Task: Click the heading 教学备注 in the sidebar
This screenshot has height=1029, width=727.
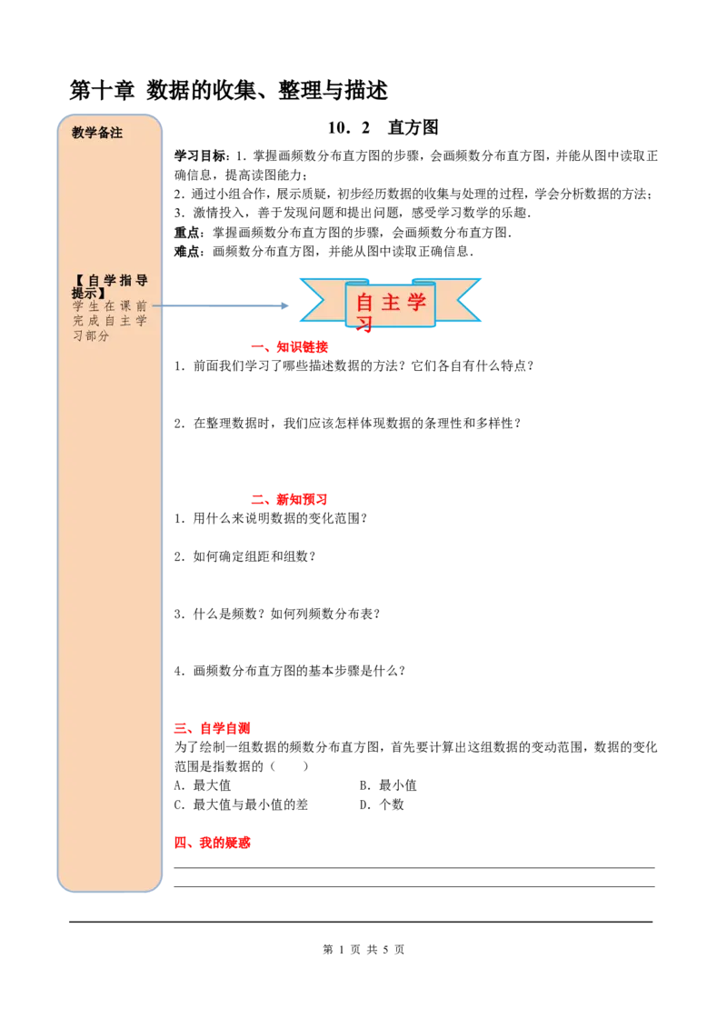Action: coord(97,133)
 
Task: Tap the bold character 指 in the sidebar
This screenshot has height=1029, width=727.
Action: coord(126,281)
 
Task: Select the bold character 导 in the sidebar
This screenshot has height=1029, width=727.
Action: coord(142,281)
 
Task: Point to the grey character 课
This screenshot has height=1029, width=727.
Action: coord(126,306)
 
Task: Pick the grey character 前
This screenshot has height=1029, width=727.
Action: coord(142,306)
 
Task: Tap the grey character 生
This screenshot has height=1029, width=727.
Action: coord(95,306)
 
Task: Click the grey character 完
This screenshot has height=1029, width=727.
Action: coord(78,321)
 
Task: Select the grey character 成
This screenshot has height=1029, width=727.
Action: coord(95,321)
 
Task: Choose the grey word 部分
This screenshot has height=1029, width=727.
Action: coord(97,335)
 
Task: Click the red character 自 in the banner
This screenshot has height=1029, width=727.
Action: coord(364,303)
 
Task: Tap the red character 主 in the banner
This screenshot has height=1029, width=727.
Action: coord(391,303)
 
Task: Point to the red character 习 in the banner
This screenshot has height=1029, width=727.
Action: coord(364,325)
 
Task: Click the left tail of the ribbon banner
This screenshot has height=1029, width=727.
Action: coord(318,301)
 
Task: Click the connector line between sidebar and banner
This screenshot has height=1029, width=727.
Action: coord(227,305)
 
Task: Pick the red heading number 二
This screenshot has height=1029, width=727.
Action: coord(258,499)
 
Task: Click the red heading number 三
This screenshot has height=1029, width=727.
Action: coord(182,728)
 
